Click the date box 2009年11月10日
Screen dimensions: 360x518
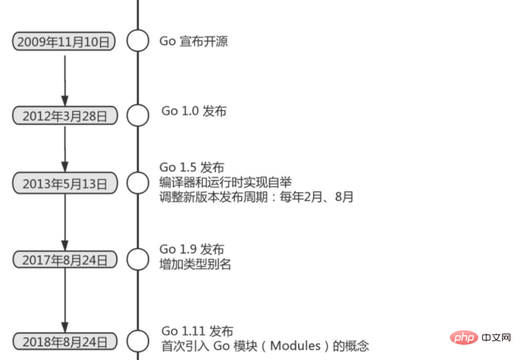point(64,41)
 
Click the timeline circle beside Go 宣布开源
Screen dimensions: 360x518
point(138,41)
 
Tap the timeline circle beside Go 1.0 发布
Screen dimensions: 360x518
point(138,115)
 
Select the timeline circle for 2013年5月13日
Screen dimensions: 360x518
point(138,183)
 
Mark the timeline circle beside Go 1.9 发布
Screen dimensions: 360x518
point(138,258)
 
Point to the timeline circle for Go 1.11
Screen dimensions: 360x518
point(138,340)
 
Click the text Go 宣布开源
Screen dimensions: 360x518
point(194,41)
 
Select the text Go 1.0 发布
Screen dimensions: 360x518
point(194,111)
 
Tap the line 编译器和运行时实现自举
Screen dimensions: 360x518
point(226,182)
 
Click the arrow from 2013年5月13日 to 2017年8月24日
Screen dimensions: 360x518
point(65,221)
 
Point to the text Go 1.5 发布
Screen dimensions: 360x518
point(192,168)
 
